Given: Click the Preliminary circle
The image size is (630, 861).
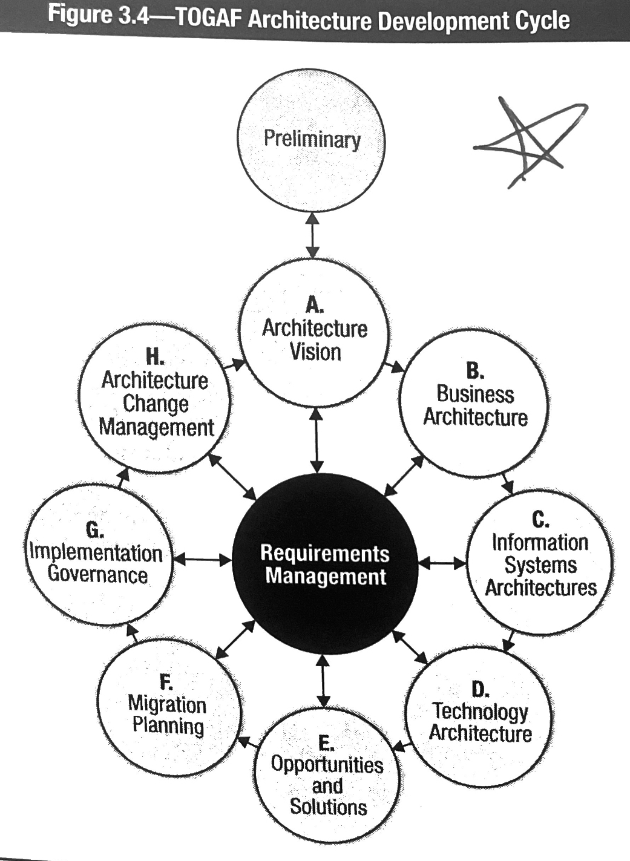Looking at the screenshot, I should (x=311, y=141).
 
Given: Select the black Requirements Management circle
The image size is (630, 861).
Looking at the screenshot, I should (x=325, y=564).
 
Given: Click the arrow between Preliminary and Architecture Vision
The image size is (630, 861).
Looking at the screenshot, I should (x=312, y=235).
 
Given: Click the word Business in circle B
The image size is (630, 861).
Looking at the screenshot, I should (x=475, y=394).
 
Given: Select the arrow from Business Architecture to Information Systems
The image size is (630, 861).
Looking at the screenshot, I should (x=507, y=483).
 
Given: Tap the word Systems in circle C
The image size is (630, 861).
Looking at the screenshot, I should (x=540, y=565).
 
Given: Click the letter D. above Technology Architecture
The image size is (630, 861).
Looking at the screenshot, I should (x=480, y=689).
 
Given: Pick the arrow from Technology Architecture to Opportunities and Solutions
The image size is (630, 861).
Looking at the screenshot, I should (x=401, y=745).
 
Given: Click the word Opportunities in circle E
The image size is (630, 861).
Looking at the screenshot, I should (x=327, y=764).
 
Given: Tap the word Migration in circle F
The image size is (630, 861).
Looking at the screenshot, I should (x=167, y=704).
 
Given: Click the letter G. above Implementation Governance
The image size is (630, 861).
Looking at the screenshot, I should (x=94, y=531).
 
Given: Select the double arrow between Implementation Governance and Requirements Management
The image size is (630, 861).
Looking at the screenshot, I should (x=202, y=560).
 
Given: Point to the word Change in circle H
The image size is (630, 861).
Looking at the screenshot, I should (x=156, y=404).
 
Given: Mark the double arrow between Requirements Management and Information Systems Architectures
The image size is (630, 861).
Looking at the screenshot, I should (x=442, y=564).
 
